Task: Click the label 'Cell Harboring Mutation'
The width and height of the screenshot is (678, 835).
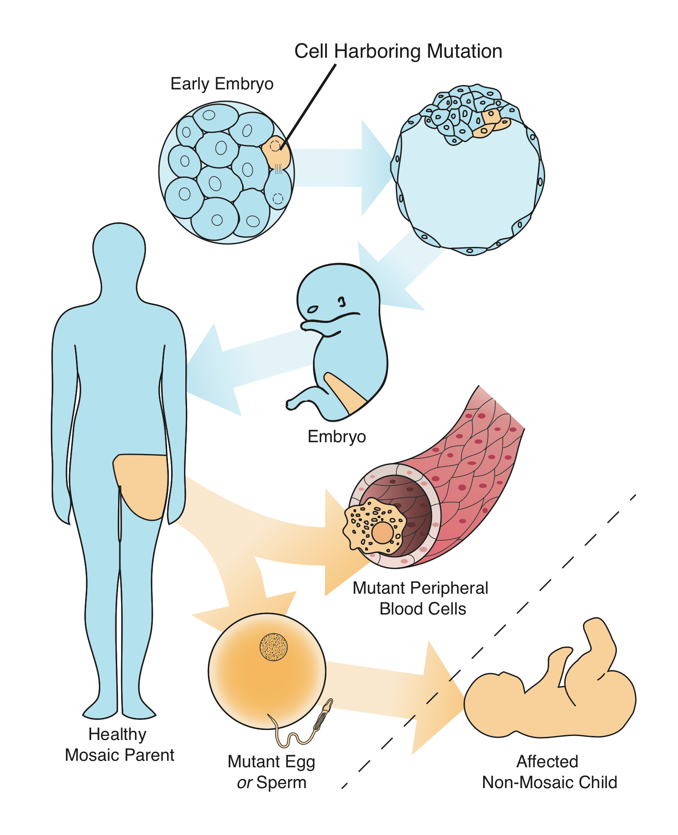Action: [x=398, y=51]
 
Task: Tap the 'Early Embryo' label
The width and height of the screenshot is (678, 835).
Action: [x=222, y=84]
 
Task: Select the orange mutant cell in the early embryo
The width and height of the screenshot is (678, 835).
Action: [x=276, y=152]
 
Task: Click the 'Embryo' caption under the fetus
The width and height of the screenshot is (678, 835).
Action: [x=336, y=437]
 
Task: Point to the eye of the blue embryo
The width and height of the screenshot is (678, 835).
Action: [x=313, y=309]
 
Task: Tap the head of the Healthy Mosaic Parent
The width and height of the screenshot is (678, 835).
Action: [x=119, y=252]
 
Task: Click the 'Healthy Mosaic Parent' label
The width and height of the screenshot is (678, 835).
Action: [x=119, y=744]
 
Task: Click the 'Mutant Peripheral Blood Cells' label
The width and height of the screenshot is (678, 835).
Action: [x=421, y=598]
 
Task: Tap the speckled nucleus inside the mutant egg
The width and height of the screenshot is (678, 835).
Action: [x=273, y=647]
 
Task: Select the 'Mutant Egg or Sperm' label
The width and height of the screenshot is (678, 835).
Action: [x=271, y=772]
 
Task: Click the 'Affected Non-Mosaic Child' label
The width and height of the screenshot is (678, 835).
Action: [x=549, y=772]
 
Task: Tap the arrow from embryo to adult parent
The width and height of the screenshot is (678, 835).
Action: [x=243, y=365]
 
